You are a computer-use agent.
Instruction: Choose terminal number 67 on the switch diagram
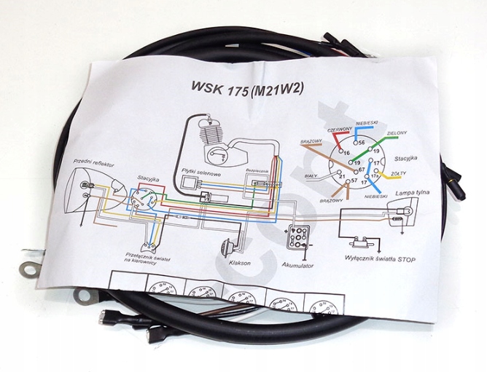[x=361, y=169]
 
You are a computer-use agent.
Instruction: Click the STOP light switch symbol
[x=357, y=244]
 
